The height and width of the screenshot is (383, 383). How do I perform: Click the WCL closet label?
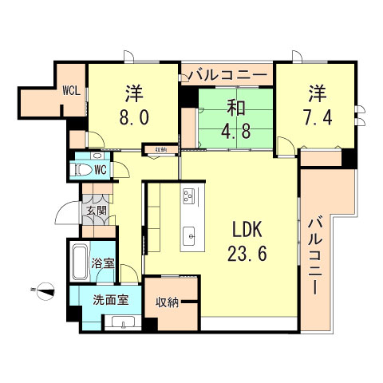click(x=72, y=90)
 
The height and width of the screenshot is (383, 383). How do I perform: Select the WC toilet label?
click(x=101, y=170)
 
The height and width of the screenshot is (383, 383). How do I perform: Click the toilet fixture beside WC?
click(x=81, y=170)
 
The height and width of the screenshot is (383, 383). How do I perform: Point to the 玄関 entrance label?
click(x=95, y=211)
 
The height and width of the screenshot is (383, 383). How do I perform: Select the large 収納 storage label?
click(x=168, y=302)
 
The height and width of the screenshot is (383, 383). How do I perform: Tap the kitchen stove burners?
click(x=189, y=195)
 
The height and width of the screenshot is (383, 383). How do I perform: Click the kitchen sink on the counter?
click(x=189, y=235)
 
